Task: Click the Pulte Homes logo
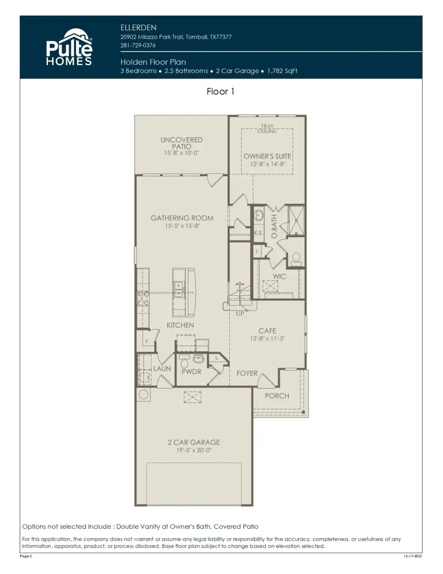[69, 47]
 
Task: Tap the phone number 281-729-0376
[138, 46]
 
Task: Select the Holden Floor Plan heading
[147, 62]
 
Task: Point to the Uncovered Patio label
[181, 143]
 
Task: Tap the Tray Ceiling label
[267, 129]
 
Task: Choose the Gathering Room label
[182, 218]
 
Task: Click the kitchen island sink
[179, 287]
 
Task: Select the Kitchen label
[180, 325]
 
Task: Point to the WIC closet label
[279, 277]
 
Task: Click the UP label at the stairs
[241, 313]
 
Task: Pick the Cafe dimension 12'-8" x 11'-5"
[267, 339]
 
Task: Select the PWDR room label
[191, 372]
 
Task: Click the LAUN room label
[161, 368]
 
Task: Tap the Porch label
[277, 396]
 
